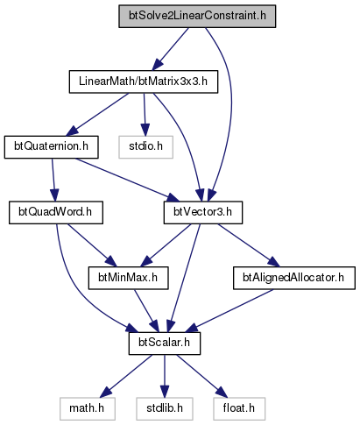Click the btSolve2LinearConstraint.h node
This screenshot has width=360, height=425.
(197, 17)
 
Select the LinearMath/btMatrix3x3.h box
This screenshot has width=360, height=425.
(144, 81)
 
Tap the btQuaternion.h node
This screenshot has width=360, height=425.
(51, 147)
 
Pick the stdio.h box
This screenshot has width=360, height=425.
(145, 147)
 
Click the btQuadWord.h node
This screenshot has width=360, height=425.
(56, 213)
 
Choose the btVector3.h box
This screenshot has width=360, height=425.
(203, 213)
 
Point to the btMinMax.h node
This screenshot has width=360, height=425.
(128, 278)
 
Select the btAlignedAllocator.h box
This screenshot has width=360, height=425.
(294, 278)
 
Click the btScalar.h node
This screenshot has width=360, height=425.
(165, 344)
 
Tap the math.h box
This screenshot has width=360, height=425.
(87, 409)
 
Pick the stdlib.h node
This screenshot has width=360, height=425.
(165, 409)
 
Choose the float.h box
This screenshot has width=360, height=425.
(239, 409)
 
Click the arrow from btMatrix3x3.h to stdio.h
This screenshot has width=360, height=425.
(145, 115)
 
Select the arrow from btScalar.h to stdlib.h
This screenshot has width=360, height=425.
(165, 376)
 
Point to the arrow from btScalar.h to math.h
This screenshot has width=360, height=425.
(126, 376)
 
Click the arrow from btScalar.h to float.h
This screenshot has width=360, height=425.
(201, 376)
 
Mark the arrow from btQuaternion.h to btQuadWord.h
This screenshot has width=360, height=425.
(53, 180)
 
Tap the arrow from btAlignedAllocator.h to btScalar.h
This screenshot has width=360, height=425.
(229, 311)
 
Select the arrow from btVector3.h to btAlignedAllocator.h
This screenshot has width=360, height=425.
(249, 245)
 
